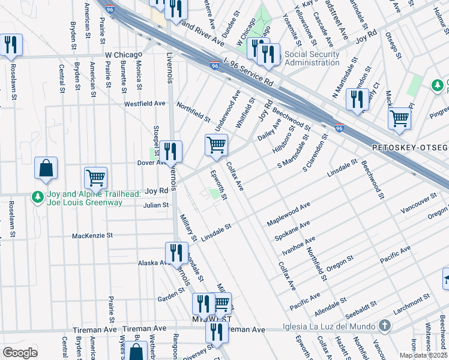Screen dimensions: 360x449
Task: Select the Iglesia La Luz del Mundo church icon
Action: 385,326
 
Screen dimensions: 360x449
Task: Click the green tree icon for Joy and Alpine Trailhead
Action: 37,197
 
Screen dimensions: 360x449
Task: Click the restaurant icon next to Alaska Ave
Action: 175,253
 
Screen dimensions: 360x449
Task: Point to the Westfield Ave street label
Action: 144,103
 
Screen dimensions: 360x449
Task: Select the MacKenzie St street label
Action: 92,236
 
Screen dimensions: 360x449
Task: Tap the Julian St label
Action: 155,205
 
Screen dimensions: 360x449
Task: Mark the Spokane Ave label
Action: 292,230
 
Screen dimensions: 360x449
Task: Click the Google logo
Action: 20,353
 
